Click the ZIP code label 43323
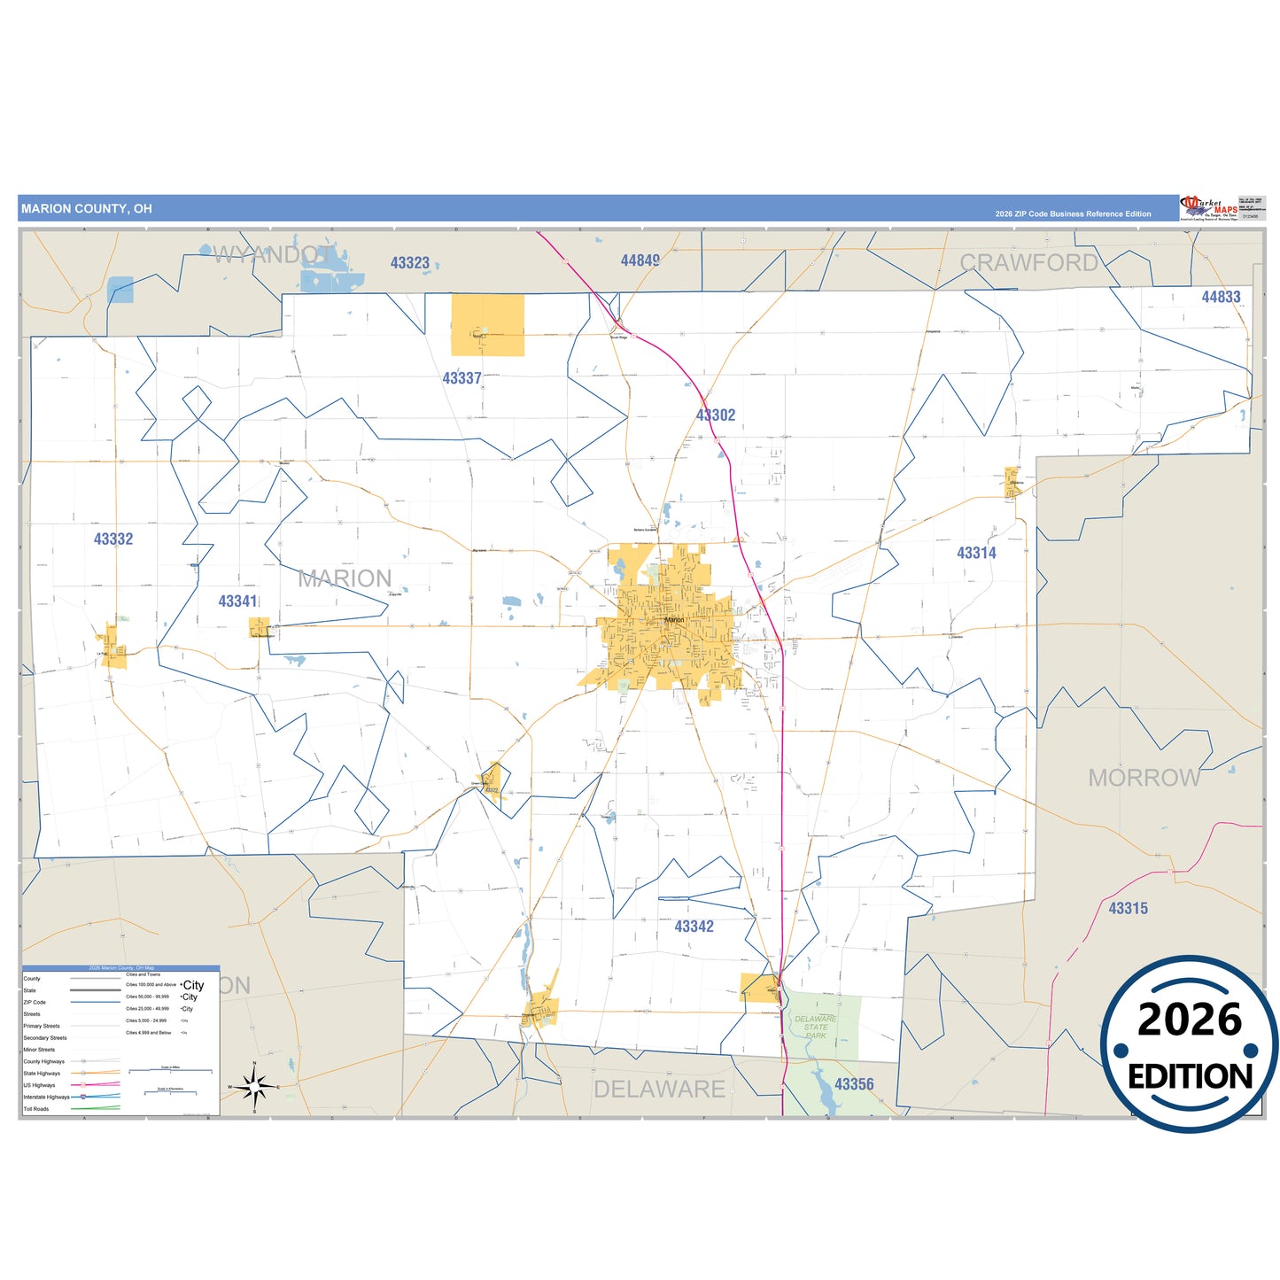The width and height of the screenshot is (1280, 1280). pos(410,263)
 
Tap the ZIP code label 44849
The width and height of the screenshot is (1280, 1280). pos(640,260)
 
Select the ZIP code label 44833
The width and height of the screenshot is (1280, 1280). pos(1221,297)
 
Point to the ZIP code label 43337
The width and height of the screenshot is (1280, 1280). pos(462,378)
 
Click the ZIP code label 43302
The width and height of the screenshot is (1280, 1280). pos(716,415)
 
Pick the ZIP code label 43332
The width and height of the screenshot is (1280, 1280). pos(113,539)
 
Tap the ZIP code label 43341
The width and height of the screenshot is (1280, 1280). pos(237,601)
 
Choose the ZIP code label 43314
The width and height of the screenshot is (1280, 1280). pos(976,553)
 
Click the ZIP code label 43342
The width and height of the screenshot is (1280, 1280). pos(694,927)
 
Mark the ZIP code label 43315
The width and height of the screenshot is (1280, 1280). pos(1128,908)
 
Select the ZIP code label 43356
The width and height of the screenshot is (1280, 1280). pos(854,1084)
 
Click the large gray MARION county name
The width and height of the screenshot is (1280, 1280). pos(345,578)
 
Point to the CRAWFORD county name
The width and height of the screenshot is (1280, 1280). pos(1029,262)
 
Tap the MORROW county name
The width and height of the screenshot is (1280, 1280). pos(1144,778)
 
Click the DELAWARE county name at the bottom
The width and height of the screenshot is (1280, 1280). pos(659,1090)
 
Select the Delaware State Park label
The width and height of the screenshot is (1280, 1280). pos(816,1027)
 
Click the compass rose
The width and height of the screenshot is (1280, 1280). pos(254,1086)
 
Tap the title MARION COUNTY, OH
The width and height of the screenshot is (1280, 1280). pos(87,209)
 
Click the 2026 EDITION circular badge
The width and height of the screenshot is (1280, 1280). pos(1189,1044)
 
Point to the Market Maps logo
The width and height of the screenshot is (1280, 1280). pos(1209,209)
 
